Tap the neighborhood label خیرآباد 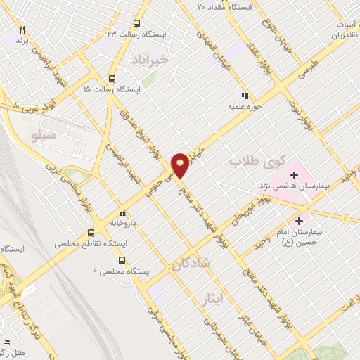(150, 60)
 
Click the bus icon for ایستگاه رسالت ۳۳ (136, 22)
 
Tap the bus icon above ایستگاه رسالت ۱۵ (112, 79)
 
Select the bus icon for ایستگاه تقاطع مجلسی (91, 233)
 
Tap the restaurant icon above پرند (22, 30)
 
